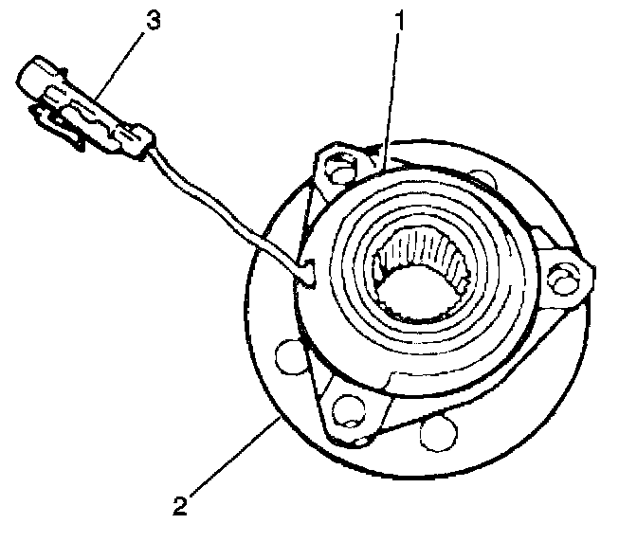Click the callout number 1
(401, 20)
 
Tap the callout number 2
(180, 505)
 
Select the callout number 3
(154, 20)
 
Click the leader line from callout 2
(235, 457)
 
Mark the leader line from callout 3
(119, 65)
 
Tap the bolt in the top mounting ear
(340, 167)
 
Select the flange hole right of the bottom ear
(439, 432)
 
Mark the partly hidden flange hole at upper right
(482, 181)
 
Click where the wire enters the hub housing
(310, 273)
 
